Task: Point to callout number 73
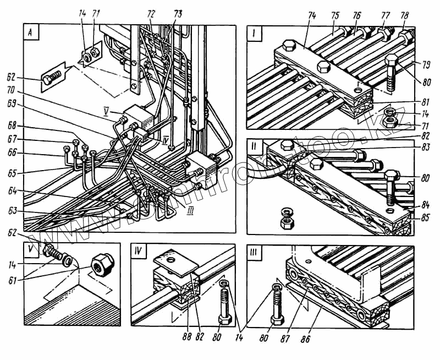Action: point(178,12)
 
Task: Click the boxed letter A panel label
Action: point(31,32)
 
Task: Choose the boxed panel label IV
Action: point(139,254)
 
